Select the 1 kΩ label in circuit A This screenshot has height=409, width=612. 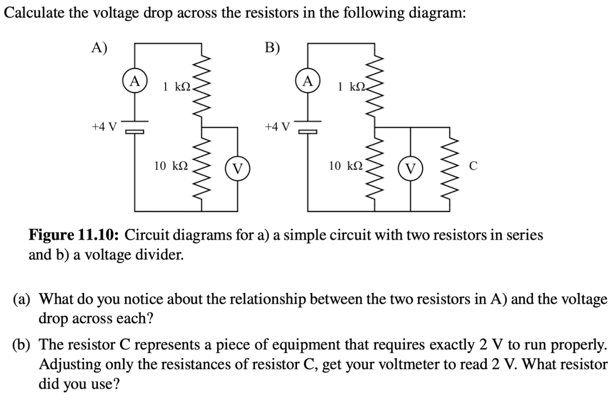pyautogui.click(x=177, y=87)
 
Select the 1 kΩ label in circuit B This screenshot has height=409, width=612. pyautogui.click(x=352, y=87)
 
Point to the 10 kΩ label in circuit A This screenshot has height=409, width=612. pyautogui.click(x=171, y=166)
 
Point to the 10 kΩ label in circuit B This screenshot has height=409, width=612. pyautogui.click(x=346, y=166)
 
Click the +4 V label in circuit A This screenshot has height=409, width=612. pyautogui.click(x=104, y=127)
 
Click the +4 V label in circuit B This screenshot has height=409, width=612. pyautogui.click(x=277, y=127)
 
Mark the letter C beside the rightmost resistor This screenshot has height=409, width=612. pyautogui.click(x=473, y=166)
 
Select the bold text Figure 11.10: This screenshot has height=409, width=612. pyautogui.click(x=74, y=235)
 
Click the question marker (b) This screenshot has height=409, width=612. pyautogui.click(x=21, y=345)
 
